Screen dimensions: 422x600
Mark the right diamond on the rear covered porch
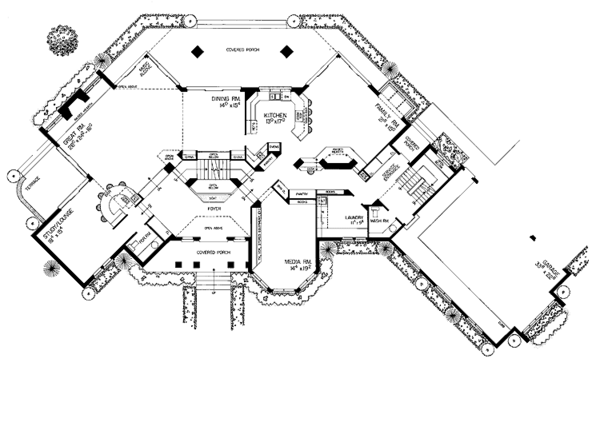click(287, 53)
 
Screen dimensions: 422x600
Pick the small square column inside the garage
click(534, 237)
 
